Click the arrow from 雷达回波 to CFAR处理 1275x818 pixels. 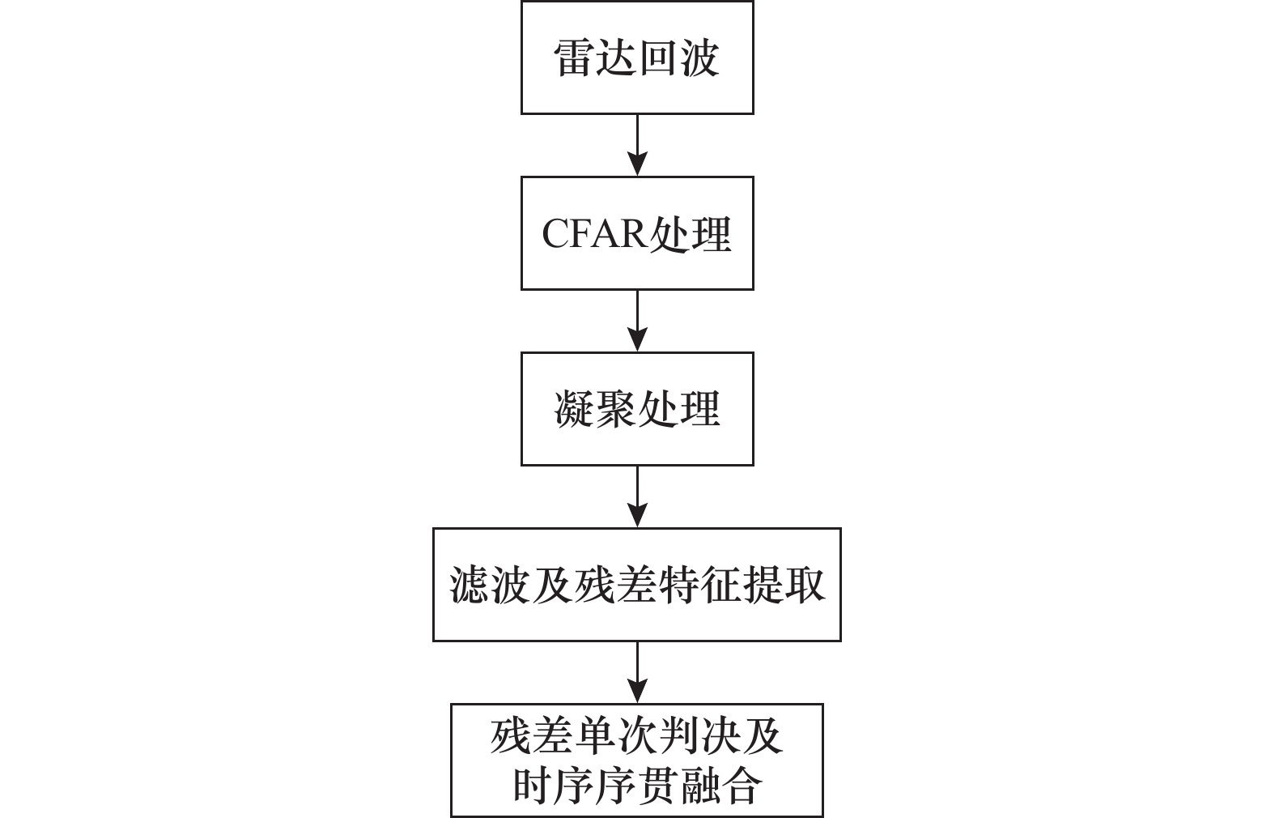pos(637,145)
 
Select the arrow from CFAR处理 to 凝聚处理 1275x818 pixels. pos(637,322)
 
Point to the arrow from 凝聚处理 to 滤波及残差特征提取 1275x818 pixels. pos(637,496)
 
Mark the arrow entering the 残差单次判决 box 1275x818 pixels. pos(637,673)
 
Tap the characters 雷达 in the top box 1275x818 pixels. pos(595,58)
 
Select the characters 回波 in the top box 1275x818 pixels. pos(678,58)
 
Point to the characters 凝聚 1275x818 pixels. pos(595,409)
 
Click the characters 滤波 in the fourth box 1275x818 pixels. pos(491,585)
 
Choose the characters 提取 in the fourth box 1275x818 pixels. pos(784,585)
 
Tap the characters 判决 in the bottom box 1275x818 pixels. pos(699,736)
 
